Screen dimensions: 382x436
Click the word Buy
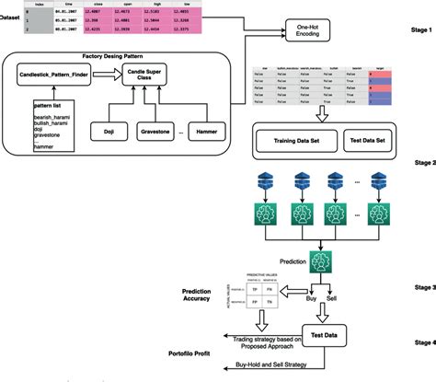pyautogui.click(x=310, y=300)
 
